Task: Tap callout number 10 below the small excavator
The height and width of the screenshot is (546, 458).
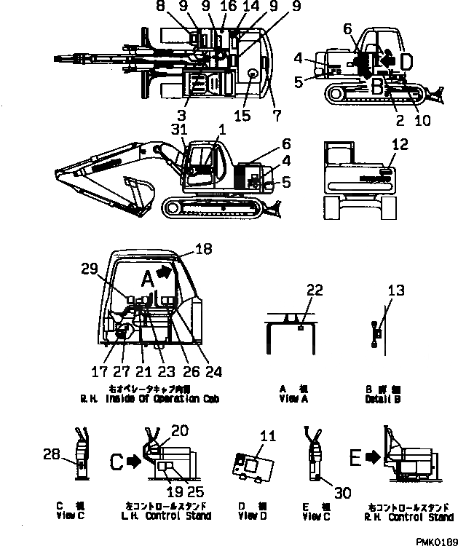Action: pyautogui.click(x=422, y=121)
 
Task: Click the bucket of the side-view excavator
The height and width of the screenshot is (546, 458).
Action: pyautogui.click(x=138, y=192)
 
